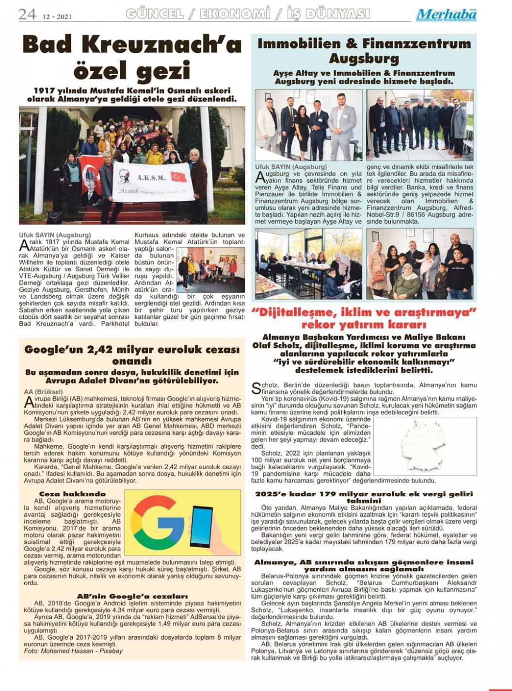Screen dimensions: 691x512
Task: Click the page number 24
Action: [27, 14]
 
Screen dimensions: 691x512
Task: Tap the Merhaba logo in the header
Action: [446, 15]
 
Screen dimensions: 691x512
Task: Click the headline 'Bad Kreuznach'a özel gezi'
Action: [132, 58]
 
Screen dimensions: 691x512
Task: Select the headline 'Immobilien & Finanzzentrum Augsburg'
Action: [364, 51]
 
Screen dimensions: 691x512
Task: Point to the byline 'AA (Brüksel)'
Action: [44, 392]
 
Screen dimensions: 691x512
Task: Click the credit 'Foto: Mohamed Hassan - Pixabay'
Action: [73, 651]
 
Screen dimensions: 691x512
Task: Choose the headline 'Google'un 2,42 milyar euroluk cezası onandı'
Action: [132, 355]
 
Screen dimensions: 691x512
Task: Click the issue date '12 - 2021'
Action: [57, 16]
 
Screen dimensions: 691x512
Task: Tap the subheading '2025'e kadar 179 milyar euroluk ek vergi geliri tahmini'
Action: [364, 497]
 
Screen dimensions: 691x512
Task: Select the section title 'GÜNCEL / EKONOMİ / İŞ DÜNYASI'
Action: [247, 15]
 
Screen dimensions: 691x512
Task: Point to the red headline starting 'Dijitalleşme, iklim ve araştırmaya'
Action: [364, 318]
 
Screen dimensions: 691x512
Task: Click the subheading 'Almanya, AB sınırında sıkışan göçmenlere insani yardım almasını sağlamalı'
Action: [364, 565]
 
